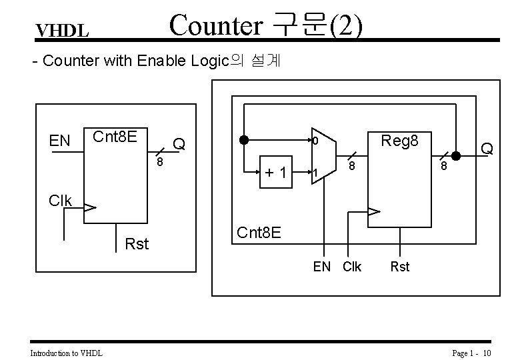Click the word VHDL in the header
[x=63, y=31]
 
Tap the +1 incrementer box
[x=276, y=173]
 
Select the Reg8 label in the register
[x=399, y=141]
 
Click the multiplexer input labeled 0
[x=315, y=142]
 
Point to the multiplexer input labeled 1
[x=315, y=174]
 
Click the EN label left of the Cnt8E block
[x=60, y=141]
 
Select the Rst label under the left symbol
[x=137, y=245]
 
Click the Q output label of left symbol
[x=179, y=143]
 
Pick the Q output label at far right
[x=487, y=148]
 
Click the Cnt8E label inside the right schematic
[x=259, y=233]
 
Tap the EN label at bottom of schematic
[x=322, y=267]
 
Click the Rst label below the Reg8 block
[x=399, y=267]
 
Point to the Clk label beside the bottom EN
[x=351, y=267]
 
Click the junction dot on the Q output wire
[x=456, y=157]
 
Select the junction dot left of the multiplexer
[x=245, y=141]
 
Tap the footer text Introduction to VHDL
[x=67, y=353]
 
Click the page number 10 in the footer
[x=487, y=353]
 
